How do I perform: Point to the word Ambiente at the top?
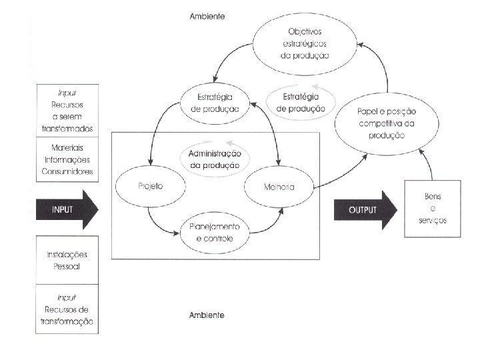[207, 16]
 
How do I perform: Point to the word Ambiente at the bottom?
[207, 315]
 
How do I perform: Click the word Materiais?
[67, 148]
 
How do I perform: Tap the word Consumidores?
[67, 171]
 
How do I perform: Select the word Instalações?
[67, 255]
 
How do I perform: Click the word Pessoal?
[67, 266]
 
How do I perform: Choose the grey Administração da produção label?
[215, 159]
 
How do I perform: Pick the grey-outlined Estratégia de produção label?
[301, 103]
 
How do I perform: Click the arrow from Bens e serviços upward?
[429, 164]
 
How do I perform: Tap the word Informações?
[67, 160]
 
